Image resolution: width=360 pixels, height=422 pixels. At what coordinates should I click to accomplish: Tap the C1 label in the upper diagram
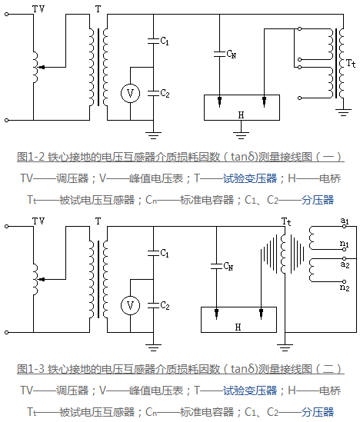165,41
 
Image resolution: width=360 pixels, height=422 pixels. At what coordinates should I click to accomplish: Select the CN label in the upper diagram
232,54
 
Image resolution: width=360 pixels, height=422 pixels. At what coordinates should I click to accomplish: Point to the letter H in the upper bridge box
241,115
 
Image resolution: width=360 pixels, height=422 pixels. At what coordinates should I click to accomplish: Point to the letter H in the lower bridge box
238,327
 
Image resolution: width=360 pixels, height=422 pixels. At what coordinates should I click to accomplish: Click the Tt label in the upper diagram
351,64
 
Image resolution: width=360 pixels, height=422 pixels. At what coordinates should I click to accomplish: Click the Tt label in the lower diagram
286,222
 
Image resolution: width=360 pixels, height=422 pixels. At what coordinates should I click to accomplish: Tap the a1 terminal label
345,221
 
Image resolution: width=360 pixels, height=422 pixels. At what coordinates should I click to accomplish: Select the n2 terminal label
345,287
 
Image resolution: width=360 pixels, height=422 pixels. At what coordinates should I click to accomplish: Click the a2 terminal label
345,264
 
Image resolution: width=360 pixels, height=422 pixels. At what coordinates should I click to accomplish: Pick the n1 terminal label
345,244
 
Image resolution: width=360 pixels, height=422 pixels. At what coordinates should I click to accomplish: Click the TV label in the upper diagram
38,9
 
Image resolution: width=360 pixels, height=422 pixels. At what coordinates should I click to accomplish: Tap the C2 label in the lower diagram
165,305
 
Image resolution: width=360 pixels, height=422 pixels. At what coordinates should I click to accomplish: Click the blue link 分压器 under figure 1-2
318,200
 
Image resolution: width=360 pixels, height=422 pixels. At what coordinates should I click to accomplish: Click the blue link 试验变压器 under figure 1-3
250,390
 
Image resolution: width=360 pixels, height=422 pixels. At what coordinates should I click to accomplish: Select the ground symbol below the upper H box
241,134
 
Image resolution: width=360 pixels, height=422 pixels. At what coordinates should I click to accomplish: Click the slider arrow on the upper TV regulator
42,67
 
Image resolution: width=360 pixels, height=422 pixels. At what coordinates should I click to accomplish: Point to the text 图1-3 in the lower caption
31,369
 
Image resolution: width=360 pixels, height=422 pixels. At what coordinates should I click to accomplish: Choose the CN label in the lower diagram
228,266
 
